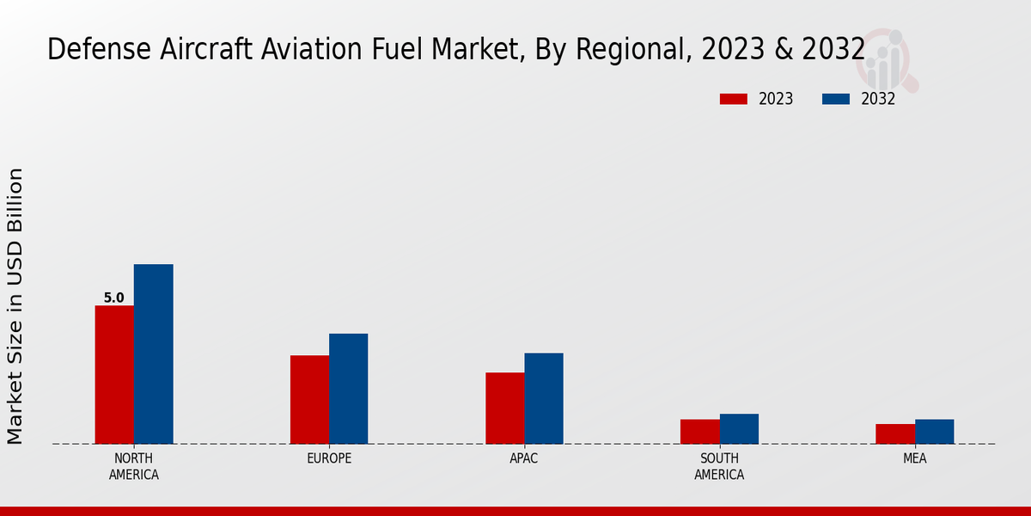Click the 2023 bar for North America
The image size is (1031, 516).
tap(114, 375)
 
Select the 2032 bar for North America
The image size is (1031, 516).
tap(153, 354)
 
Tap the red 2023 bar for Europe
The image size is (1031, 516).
tap(309, 400)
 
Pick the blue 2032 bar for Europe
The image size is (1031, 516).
tap(348, 389)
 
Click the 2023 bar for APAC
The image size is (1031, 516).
tap(504, 408)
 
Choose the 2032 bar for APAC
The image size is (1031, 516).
tap(544, 398)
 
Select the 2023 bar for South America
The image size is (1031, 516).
tap(699, 432)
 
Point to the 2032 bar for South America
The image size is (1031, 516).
tap(739, 429)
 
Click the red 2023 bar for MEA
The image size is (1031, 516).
tap(895, 434)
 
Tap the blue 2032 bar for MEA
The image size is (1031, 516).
tap(934, 432)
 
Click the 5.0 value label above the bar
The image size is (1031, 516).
tap(114, 298)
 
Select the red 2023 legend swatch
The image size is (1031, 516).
tap(734, 99)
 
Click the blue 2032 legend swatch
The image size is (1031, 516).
tap(836, 99)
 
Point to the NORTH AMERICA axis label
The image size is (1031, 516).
tap(134, 466)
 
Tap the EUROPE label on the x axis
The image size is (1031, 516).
tap(329, 458)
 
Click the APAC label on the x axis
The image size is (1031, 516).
tap(524, 458)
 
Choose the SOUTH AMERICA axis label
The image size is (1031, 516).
tap(719, 466)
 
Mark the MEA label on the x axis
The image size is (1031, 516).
tap(914, 458)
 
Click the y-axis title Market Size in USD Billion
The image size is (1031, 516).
tap(15, 306)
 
